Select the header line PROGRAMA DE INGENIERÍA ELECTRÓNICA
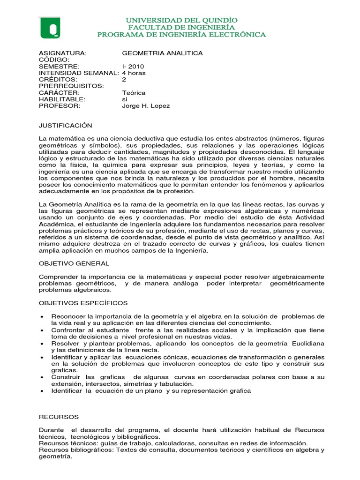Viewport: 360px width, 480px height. (181, 35)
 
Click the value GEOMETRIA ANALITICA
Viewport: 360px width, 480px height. (162, 53)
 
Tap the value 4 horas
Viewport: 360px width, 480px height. (134, 73)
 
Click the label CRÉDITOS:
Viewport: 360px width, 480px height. (57, 80)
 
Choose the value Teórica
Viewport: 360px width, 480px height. (134, 93)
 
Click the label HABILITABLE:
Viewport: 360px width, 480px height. (62, 99)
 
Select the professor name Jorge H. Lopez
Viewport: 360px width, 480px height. (146, 106)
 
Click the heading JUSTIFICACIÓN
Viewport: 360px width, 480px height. (65, 126)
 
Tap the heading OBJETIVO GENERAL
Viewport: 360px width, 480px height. (74, 263)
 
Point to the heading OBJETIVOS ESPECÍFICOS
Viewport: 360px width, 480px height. (83, 303)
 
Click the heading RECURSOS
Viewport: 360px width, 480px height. (59, 417)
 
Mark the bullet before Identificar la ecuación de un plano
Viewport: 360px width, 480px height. (43, 391)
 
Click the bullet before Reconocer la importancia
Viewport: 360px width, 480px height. (43, 316)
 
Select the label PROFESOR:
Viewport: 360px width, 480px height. (60, 106)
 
